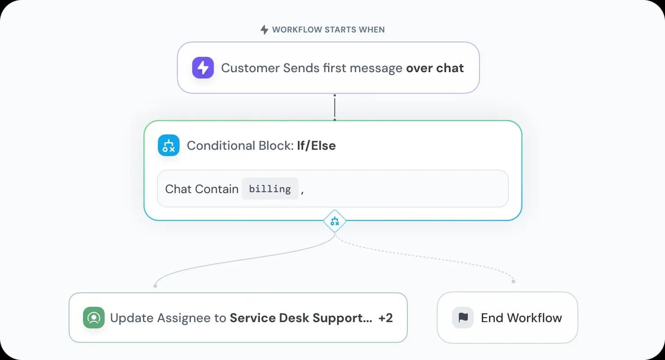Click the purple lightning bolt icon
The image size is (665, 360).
(203, 68)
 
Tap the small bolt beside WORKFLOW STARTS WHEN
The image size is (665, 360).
(264, 30)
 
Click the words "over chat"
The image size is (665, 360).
(435, 68)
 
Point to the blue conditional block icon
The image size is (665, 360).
(169, 145)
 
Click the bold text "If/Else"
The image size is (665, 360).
(316, 146)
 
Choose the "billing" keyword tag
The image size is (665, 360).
(270, 189)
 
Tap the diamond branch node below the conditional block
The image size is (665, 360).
(335, 221)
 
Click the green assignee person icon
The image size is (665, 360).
(94, 318)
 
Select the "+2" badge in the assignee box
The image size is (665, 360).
(385, 318)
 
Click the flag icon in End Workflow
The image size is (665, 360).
(463, 318)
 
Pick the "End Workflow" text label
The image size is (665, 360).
(522, 318)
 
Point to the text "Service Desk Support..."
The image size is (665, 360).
(301, 318)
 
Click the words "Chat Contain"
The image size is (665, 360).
(202, 189)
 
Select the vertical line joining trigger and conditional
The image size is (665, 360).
(335, 107)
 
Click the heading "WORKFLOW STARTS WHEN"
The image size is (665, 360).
(328, 30)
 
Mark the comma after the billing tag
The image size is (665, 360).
(302, 190)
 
